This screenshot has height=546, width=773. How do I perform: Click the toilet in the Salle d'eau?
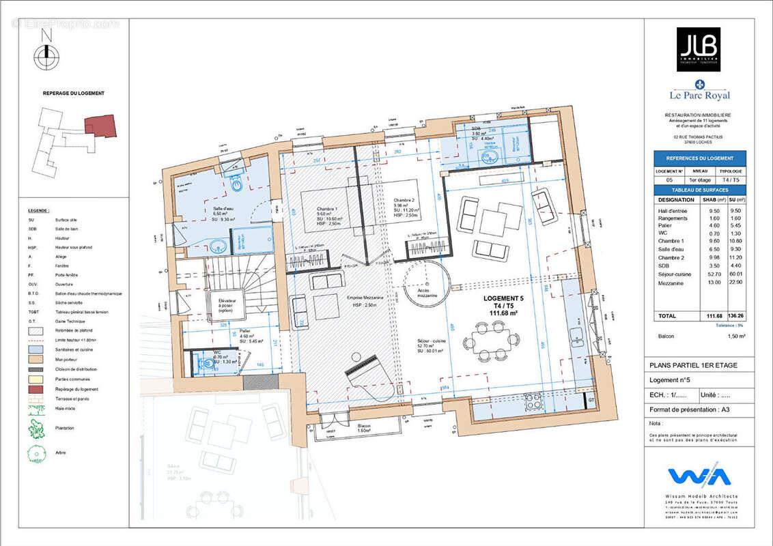click(x=236, y=184)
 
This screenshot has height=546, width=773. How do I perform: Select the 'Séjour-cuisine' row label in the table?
click(x=675, y=275)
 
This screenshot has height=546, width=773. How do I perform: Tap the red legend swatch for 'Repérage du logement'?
click(x=36, y=388)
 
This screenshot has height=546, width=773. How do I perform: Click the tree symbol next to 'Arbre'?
click(x=36, y=453)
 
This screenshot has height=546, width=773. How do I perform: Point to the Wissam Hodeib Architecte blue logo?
click(x=699, y=476)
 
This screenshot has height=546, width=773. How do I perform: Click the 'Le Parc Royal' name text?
click(x=699, y=96)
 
